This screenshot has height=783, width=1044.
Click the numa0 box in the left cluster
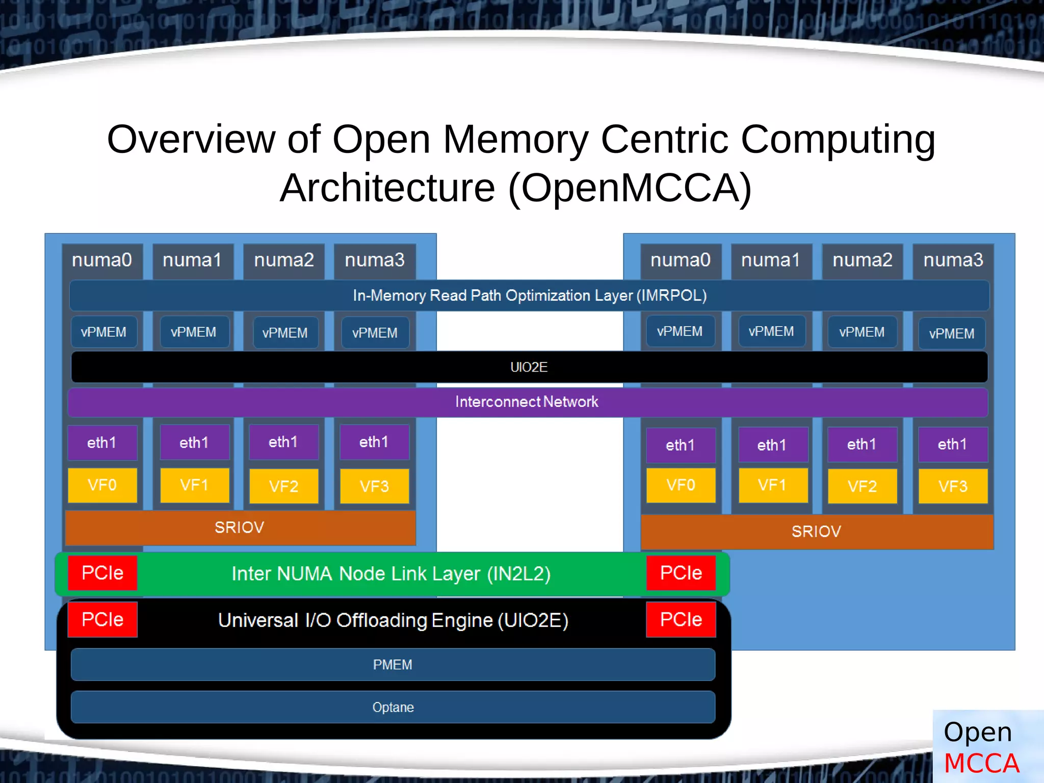click(102, 260)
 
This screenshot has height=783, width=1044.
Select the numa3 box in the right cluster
click(953, 260)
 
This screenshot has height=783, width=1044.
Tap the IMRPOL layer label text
click(529, 296)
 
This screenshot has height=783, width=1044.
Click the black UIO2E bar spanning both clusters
click(529, 367)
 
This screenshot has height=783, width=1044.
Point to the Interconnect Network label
click(527, 402)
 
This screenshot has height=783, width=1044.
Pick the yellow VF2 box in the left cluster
click(283, 486)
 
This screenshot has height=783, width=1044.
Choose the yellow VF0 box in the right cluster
click(681, 485)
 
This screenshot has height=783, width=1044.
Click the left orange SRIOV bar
click(240, 528)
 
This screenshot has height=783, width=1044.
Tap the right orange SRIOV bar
click(816, 532)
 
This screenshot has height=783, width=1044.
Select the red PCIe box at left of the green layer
click(102, 573)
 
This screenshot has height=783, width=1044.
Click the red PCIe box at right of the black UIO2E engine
click(681, 619)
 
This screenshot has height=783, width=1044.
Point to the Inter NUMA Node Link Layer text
click(391, 574)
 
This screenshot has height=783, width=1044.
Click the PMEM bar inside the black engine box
click(393, 665)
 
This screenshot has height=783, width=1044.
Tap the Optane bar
click(393, 708)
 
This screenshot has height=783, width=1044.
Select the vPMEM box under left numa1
click(194, 332)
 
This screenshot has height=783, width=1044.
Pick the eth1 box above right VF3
click(952, 445)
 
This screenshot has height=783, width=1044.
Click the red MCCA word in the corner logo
click(981, 764)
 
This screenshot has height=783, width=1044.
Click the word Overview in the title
click(191, 139)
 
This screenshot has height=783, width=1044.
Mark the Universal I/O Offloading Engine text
click(393, 620)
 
